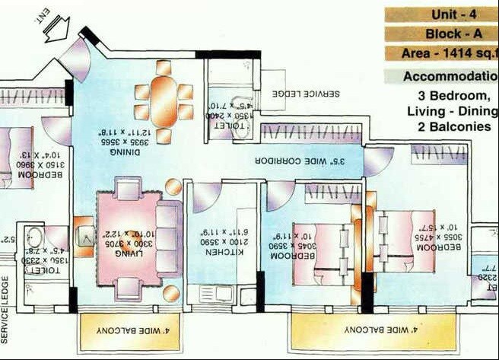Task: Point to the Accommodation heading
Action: (450, 76)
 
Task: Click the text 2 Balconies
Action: (453, 126)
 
